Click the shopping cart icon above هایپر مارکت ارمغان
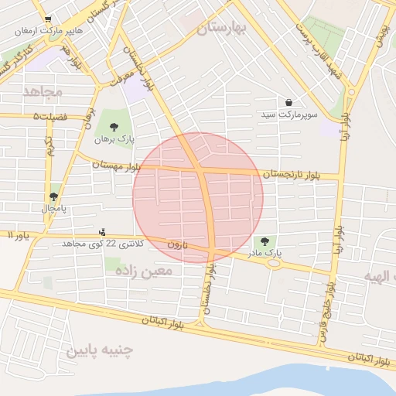tap(49, 19)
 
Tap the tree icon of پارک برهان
tap(114, 127)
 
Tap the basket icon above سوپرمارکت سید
tap(288, 102)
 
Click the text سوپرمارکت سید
tap(288, 114)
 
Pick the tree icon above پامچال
tap(53, 196)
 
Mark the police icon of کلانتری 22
tap(102, 231)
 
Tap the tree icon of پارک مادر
tap(268, 241)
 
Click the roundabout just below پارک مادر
tap(273, 263)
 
